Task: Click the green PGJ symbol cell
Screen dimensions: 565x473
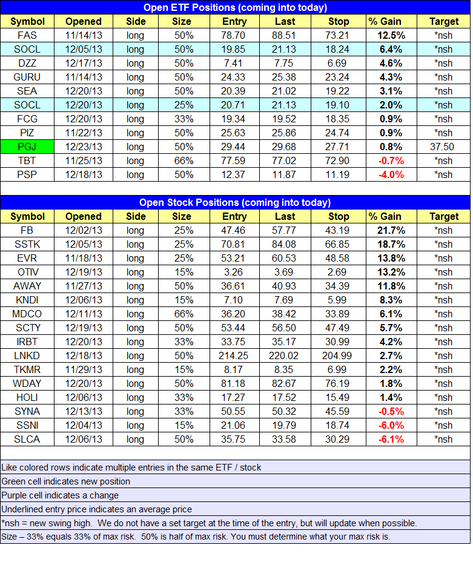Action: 27,147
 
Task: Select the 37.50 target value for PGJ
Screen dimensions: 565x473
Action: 444,147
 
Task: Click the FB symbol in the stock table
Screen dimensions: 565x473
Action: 27,230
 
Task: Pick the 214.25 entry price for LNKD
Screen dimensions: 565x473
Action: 234,355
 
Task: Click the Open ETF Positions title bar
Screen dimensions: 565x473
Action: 235,7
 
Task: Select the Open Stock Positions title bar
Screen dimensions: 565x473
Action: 235,202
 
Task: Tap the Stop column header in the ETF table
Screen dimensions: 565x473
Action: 339,21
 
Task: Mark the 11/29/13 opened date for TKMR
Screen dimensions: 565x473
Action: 84,369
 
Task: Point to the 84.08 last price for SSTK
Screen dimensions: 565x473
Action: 285,244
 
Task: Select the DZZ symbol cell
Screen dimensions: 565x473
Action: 27,63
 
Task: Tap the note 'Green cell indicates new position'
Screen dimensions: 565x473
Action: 66,481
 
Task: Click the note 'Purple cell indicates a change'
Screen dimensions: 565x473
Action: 61,495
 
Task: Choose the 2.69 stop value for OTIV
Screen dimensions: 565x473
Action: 339,272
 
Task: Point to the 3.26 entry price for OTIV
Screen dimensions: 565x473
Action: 234,272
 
